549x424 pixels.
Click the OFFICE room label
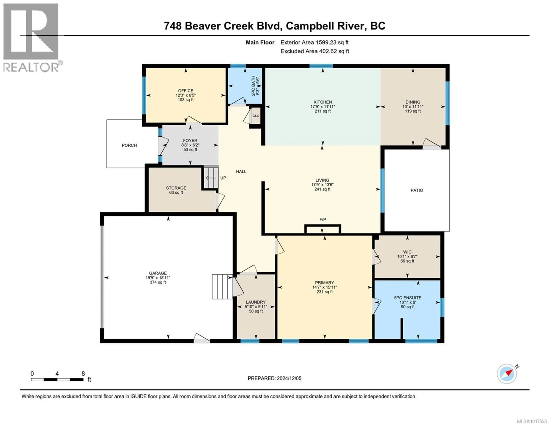(x=186, y=91)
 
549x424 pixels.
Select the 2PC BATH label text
(x=253, y=85)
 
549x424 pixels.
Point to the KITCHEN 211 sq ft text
(x=323, y=111)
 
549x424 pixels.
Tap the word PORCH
(x=129, y=145)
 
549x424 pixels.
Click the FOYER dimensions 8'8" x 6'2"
(x=190, y=145)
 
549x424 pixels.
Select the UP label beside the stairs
(x=223, y=178)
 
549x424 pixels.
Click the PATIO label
(x=416, y=190)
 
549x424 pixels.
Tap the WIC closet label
(x=407, y=252)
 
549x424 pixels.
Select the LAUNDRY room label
(x=256, y=302)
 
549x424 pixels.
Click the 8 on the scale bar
(x=83, y=374)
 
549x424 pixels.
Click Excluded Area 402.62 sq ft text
(x=315, y=51)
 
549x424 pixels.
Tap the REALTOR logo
(x=31, y=38)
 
